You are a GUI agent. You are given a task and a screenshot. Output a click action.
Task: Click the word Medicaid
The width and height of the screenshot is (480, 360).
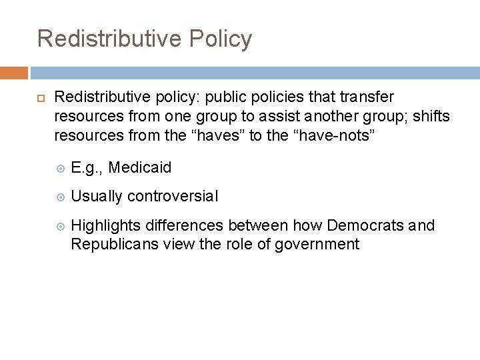coord(139,168)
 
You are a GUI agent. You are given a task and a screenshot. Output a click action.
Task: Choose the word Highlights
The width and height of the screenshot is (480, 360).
coord(104,226)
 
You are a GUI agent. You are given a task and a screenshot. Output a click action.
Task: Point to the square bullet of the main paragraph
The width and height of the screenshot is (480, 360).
coord(41,97)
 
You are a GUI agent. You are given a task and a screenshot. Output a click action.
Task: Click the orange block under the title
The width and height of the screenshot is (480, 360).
coord(14,73)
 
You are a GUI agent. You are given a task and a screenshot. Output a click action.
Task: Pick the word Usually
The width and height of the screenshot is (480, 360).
coord(97,197)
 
